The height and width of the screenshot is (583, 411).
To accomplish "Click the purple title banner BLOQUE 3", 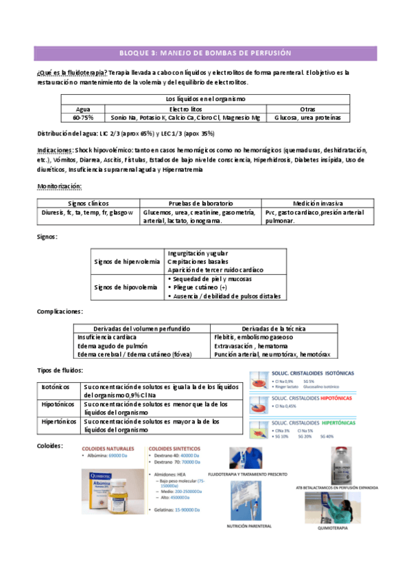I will (205, 53).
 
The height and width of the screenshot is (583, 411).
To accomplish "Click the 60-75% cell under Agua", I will (81, 118).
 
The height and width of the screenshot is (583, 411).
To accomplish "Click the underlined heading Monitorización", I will (59, 186).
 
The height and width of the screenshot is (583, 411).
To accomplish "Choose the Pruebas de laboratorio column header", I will (200, 203).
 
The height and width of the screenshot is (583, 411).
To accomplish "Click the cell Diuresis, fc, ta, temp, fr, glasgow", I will (87, 212).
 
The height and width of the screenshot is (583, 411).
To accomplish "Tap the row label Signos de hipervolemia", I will (127, 262).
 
